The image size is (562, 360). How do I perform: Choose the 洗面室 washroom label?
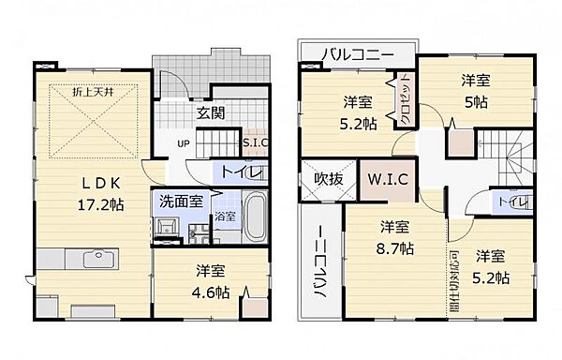coord(177,200)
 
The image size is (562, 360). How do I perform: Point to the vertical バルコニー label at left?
coord(318,262)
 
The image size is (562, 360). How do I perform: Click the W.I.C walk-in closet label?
coord(379,179)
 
